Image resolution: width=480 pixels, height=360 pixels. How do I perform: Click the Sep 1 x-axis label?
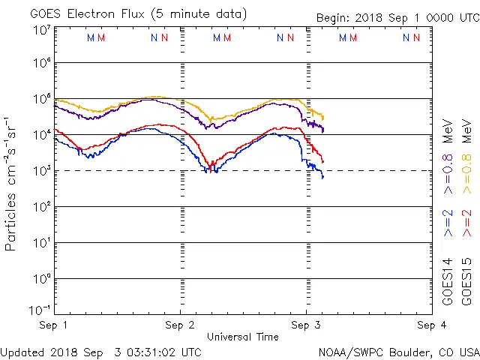54,325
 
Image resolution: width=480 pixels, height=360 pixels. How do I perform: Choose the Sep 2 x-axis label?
180,325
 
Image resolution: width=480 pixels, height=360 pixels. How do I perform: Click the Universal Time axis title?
243,337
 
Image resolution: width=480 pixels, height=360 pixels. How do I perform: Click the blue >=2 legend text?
448,223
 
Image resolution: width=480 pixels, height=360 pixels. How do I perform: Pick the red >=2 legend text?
467,223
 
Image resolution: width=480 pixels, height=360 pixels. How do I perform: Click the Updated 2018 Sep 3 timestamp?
101,351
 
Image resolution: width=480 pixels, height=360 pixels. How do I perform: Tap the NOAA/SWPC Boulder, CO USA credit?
397,351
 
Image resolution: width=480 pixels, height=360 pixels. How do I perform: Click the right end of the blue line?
323,177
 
